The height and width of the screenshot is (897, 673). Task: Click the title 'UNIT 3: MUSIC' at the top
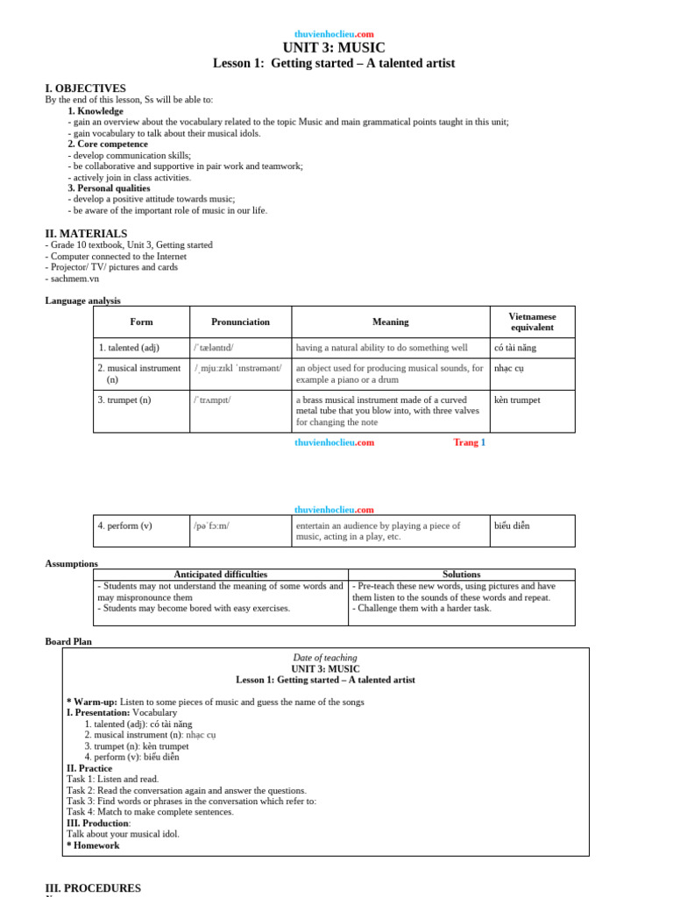[x=334, y=48]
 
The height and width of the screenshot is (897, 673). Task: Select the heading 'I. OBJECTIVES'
[x=85, y=88]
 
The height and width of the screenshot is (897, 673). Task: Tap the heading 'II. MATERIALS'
[x=86, y=234]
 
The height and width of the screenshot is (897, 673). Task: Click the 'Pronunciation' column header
[x=240, y=321]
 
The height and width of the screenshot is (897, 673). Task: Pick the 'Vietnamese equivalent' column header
[x=532, y=321]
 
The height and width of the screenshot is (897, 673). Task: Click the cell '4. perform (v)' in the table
[x=124, y=526]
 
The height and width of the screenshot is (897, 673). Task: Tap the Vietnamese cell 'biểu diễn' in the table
[x=512, y=526]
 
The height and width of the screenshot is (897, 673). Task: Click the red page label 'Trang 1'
[x=469, y=442]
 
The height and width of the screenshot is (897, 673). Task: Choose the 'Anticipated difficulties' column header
[x=220, y=575]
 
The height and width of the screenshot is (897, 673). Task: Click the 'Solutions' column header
[x=461, y=575]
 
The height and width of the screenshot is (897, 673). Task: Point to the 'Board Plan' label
[x=68, y=641]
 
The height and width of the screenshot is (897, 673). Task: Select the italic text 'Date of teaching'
[x=325, y=657]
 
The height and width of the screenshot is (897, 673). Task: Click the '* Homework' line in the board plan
[x=93, y=845]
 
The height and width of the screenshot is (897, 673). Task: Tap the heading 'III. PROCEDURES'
[x=93, y=888]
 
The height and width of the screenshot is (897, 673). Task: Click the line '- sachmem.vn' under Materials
[x=72, y=279]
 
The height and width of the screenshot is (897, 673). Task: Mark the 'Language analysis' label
[x=83, y=300]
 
